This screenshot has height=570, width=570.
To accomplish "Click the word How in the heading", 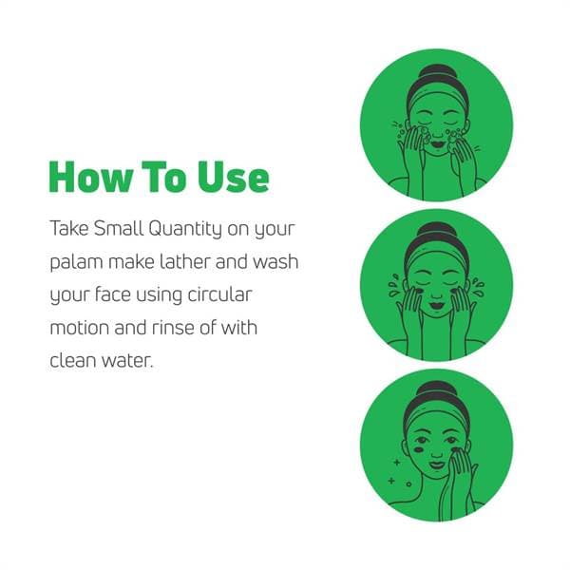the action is pos(90,177).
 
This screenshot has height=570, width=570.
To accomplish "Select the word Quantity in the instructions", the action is pos(185,229).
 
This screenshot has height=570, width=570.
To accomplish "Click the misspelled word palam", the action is pos(76,262).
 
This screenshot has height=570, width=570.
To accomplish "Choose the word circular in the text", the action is pos(219,294).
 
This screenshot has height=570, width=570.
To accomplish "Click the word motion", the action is pos(80,328).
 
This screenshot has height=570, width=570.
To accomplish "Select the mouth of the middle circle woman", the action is pos(437,305).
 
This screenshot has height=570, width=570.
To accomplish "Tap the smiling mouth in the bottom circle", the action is pos(437,465).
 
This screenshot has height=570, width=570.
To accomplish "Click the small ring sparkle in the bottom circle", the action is pos(408,484).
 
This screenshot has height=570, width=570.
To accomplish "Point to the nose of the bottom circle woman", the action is pos(437,452).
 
